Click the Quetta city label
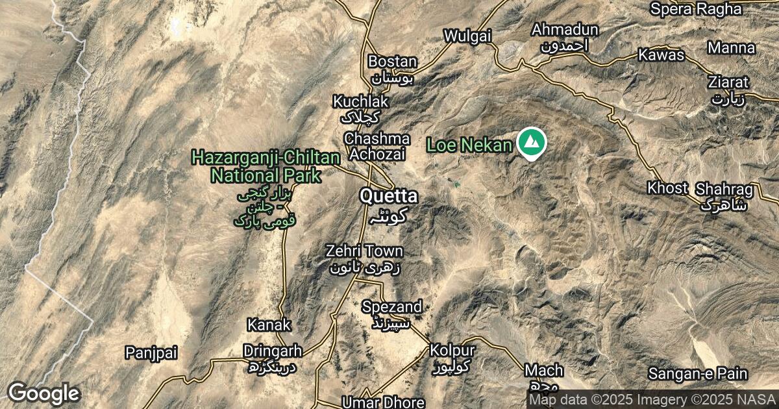(x=389, y=196)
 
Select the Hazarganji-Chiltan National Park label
(x=266, y=166)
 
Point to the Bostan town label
(x=392, y=62)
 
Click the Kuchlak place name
(x=360, y=102)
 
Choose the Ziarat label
(x=728, y=82)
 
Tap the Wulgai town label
(x=467, y=36)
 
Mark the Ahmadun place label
(x=564, y=30)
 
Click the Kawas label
(x=661, y=55)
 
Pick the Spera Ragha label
(x=696, y=9)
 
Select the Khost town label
(x=667, y=188)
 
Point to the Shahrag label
(x=724, y=190)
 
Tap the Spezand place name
(x=392, y=306)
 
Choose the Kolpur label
(x=452, y=351)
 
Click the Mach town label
(x=544, y=371)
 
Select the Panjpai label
(x=151, y=353)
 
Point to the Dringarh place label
(x=273, y=351)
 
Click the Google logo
(x=43, y=393)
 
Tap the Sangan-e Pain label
(x=698, y=374)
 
